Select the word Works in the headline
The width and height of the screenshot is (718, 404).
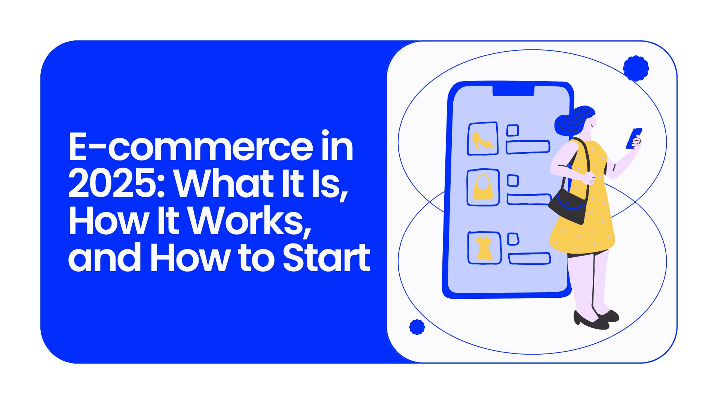click(x=249, y=221)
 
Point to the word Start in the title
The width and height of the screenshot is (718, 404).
click(x=326, y=257)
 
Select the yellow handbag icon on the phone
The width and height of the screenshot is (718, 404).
click(x=483, y=187)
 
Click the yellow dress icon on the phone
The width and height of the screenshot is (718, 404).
click(x=484, y=247)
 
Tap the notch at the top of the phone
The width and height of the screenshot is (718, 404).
click(x=513, y=91)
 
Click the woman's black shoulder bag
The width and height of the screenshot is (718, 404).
click(x=568, y=206)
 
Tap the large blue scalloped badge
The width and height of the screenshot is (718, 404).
click(x=636, y=68)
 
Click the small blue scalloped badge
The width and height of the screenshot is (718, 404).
click(x=417, y=327)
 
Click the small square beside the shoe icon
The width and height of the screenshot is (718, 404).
click(x=512, y=131)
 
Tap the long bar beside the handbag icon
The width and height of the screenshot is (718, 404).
click(x=529, y=199)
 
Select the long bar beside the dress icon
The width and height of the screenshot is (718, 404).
click(x=530, y=258)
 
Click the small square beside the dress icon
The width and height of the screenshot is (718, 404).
click(x=513, y=239)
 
